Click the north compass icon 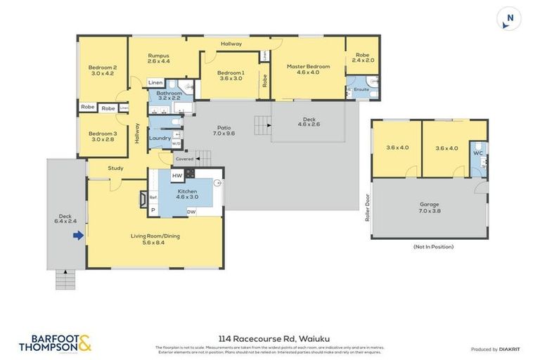(x=509, y=19)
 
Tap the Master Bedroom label (x=307, y=70)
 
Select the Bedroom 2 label (x=103, y=70)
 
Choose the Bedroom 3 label (x=103, y=136)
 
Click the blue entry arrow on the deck (x=79, y=235)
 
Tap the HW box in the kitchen (x=177, y=175)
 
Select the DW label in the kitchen (x=191, y=212)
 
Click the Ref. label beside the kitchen (x=153, y=198)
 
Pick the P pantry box (x=153, y=209)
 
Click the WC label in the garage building (x=478, y=153)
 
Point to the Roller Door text (x=366, y=208)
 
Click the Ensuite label (x=361, y=90)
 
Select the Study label (x=116, y=168)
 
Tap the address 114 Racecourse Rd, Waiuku (x=269, y=338)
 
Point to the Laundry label (x=160, y=138)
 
